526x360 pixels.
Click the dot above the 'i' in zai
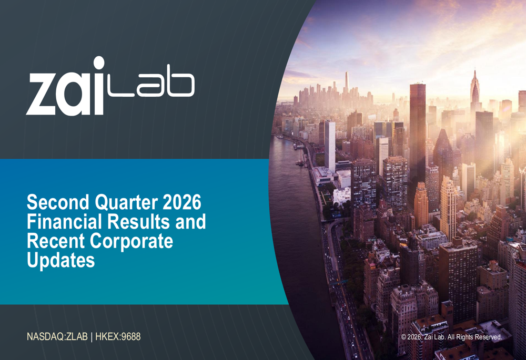pyautogui.click(x=98, y=63)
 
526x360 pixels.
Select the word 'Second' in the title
pyautogui.click(x=58, y=202)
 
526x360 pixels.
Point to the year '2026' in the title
pyautogui.click(x=182, y=202)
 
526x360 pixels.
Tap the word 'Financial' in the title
pyautogui.click(x=64, y=222)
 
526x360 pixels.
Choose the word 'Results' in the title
pyautogui.click(x=139, y=222)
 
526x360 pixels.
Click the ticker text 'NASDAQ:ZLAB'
pyautogui.click(x=57, y=336)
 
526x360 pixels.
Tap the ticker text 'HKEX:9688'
pyautogui.click(x=118, y=336)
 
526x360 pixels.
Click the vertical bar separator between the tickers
pyautogui.click(x=92, y=337)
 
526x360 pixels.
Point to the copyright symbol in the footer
pyautogui.click(x=403, y=337)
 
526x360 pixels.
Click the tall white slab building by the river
pyautogui.click(x=330, y=147)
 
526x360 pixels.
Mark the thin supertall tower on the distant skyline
pyautogui.click(x=347, y=83)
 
